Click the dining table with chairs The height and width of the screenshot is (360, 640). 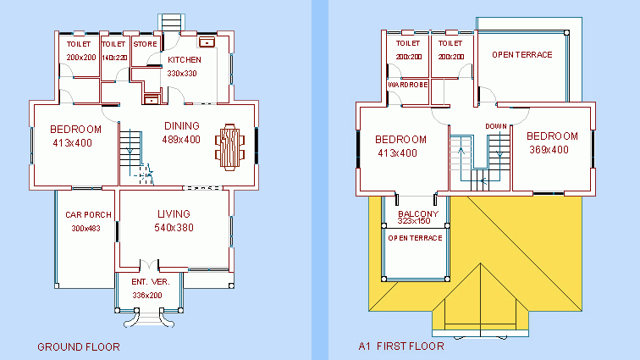click(x=229, y=147)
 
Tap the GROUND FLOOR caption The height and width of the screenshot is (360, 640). click(x=79, y=347)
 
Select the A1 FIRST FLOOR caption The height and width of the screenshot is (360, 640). click(x=401, y=346)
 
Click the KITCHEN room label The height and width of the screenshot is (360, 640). click(x=185, y=59)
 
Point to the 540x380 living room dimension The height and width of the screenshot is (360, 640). click(x=174, y=228)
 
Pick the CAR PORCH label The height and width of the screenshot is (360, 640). click(x=88, y=214)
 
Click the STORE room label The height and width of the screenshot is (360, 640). click(x=146, y=44)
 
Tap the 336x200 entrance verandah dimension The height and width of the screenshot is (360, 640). click(x=147, y=295)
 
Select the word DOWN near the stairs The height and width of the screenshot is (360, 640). click(x=496, y=126)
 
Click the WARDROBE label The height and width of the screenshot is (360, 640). click(x=408, y=85)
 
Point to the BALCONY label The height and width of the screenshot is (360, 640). click(x=418, y=213)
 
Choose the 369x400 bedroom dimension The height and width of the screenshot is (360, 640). click(x=549, y=150)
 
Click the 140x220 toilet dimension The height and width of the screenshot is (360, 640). click(x=114, y=58)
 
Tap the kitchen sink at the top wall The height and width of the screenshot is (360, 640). click(x=207, y=42)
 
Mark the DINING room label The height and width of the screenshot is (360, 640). click(x=182, y=126)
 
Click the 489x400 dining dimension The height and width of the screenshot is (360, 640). click(x=181, y=140)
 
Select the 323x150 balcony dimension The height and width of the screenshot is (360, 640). click(x=414, y=221)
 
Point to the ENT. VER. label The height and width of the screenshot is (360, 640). click(x=151, y=281)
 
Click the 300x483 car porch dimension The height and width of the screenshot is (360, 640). click(x=86, y=229)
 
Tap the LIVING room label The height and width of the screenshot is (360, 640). click(x=174, y=213)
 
